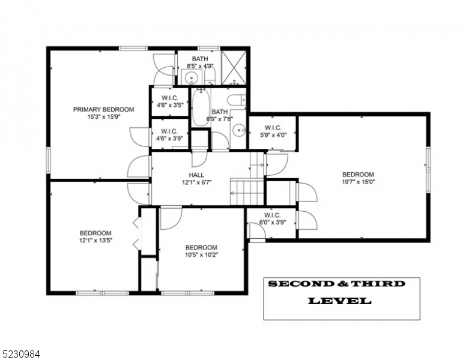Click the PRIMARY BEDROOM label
coord(103,109)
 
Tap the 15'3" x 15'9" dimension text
coord(103,118)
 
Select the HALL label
coord(196,175)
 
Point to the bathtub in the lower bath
coord(200,108)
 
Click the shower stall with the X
coord(234,67)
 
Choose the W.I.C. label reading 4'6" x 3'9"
coord(169,134)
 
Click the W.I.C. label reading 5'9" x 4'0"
coord(273,131)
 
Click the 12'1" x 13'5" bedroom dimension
coord(95,241)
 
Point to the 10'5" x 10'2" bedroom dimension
coord(201,255)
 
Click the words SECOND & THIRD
coord(336,284)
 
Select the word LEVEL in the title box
coord(339,301)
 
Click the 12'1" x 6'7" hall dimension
coord(196,183)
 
